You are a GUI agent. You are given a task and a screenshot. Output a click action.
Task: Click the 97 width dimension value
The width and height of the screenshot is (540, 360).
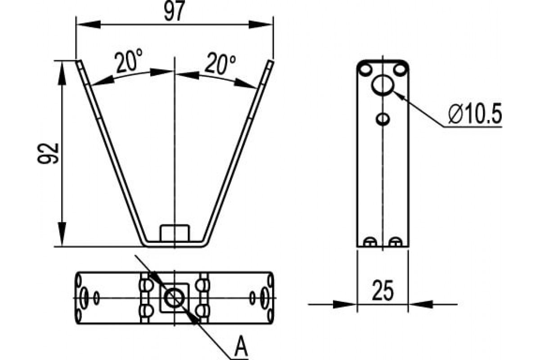(175, 12)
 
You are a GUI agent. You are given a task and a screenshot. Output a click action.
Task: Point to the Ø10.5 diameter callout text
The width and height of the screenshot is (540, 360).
(474, 116)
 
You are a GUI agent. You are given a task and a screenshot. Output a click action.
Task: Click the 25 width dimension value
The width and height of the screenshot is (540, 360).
(382, 291)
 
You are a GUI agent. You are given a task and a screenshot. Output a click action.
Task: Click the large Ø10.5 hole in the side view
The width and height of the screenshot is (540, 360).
(383, 85)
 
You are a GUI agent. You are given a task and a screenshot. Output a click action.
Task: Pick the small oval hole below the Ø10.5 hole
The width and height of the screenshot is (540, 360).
(383, 119)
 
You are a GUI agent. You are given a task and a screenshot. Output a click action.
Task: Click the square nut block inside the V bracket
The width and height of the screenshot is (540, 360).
(174, 232)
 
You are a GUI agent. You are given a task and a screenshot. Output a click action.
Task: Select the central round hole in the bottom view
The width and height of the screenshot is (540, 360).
(174, 297)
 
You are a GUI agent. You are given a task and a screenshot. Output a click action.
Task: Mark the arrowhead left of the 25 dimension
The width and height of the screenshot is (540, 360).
(346, 304)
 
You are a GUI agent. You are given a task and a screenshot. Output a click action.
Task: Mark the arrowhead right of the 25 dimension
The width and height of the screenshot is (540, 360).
(418, 304)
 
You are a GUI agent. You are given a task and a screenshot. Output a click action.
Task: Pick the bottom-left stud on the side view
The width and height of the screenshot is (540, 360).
(370, 242)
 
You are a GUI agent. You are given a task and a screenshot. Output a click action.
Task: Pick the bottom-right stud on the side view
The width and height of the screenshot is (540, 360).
(395, 242)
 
